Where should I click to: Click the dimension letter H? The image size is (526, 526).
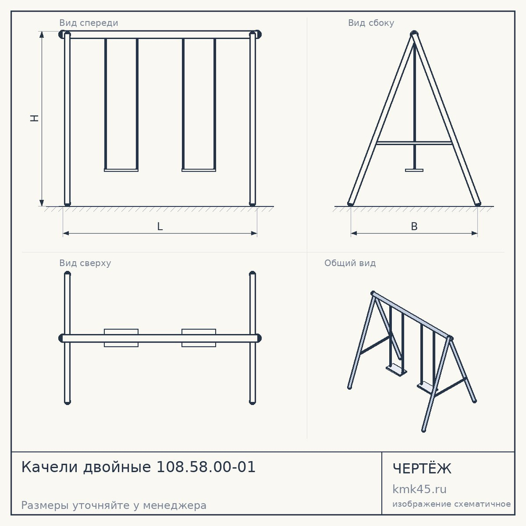(35, 118)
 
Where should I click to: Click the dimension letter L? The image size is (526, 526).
(160, 226)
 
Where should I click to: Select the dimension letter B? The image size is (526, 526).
(414, 226)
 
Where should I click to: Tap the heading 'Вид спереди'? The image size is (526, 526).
(88, 23)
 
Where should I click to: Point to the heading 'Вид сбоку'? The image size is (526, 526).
(371, 23)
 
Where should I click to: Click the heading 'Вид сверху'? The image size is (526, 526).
(85, 263)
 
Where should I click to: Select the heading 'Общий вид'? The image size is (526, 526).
(350, 263)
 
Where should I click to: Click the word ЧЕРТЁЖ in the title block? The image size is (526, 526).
(422, 468)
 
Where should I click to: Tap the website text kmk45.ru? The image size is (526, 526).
(419, 489)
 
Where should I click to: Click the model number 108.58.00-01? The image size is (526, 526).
(206, 467)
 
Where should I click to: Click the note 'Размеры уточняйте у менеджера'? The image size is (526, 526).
(114, 505)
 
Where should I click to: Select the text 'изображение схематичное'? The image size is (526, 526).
(451, 504)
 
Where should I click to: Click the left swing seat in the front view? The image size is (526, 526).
(121, 170)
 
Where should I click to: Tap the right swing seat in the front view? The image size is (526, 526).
(199, 170)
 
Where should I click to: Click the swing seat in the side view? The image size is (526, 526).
(414, 170)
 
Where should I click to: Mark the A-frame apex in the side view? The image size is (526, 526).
(414, 33)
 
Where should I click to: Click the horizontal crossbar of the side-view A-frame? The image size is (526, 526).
(414, 143)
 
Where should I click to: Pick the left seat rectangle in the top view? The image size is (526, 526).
(121, 338)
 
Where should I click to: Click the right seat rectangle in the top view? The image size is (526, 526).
(199, 338)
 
